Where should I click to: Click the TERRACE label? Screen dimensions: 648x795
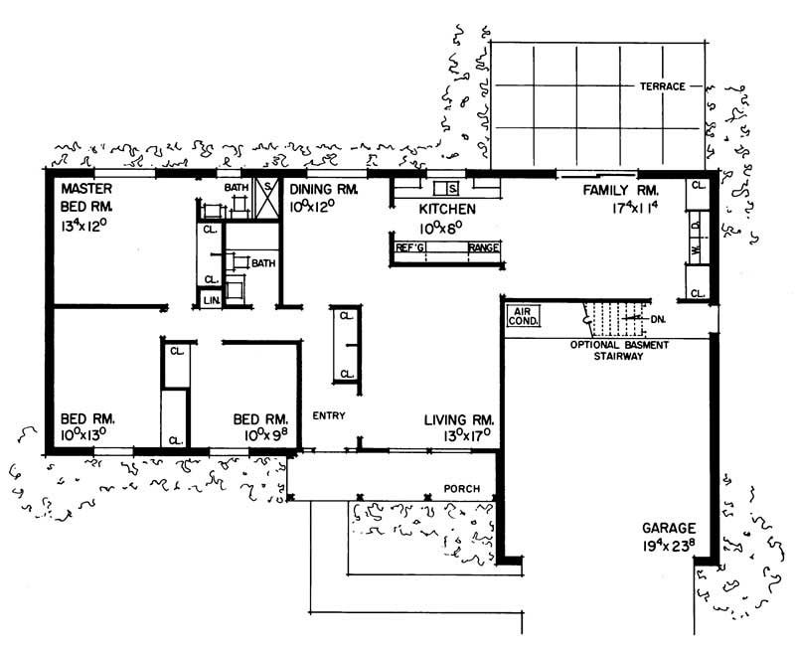point(662,86)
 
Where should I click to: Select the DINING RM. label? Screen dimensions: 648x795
point(322,188)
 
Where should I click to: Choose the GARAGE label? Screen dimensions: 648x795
point(668,529)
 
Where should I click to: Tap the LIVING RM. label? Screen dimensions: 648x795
point(459,419)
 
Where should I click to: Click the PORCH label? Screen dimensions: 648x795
point(461,489)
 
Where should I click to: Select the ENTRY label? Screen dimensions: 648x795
point(328,415)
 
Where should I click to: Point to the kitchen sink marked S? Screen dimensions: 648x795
point(450,188)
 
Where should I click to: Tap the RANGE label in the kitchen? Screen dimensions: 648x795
point(483,247)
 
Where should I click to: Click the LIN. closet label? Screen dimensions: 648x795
point(211,299)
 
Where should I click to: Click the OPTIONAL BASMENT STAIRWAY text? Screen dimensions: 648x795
point(619,350)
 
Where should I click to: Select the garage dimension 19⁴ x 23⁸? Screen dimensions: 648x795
point(668,547)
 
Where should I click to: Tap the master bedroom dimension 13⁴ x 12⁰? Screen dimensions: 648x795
point(88,227)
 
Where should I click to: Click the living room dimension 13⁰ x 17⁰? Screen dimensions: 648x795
point(459,435)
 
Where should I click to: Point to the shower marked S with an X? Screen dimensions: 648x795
point(266,189)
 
